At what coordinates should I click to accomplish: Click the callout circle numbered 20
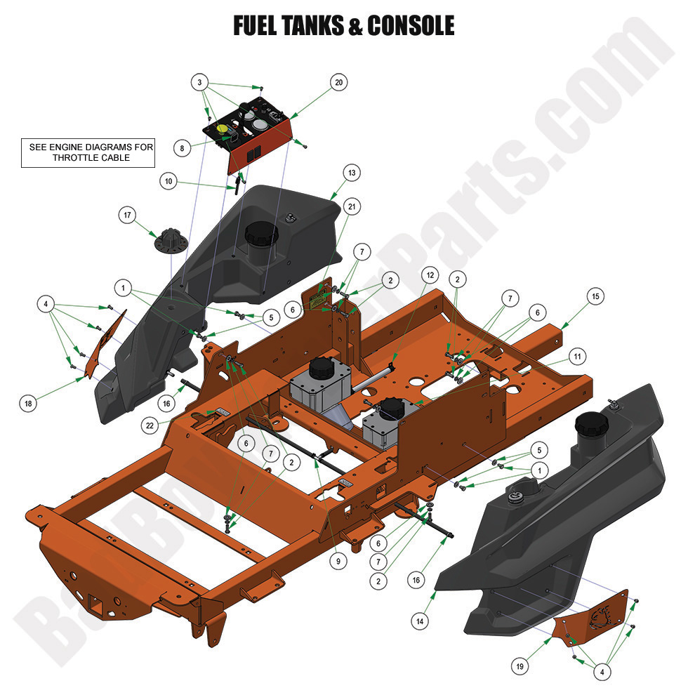pyautogui.click(x=339, y=83)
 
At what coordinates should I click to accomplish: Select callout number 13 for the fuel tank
pyautogui.click(x=352, y=173)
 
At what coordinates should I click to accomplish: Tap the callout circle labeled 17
pyautogui.click(x=127, y=216)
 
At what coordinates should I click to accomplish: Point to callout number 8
pyautogui.click(x=182, y=148)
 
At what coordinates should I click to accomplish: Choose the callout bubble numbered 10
pyautogui.click(x=168, y=181)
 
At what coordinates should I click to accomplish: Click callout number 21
pyautogui.click(x=352, y=206)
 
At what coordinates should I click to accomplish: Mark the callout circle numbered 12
pyautogui.click(x=429, y=273)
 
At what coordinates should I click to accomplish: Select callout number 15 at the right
pyautogui.click(x=595, y=297)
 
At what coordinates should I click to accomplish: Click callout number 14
pyautogui.click(x=420, y=621)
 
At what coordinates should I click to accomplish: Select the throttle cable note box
pyautogui.click(x=88, y=153)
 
